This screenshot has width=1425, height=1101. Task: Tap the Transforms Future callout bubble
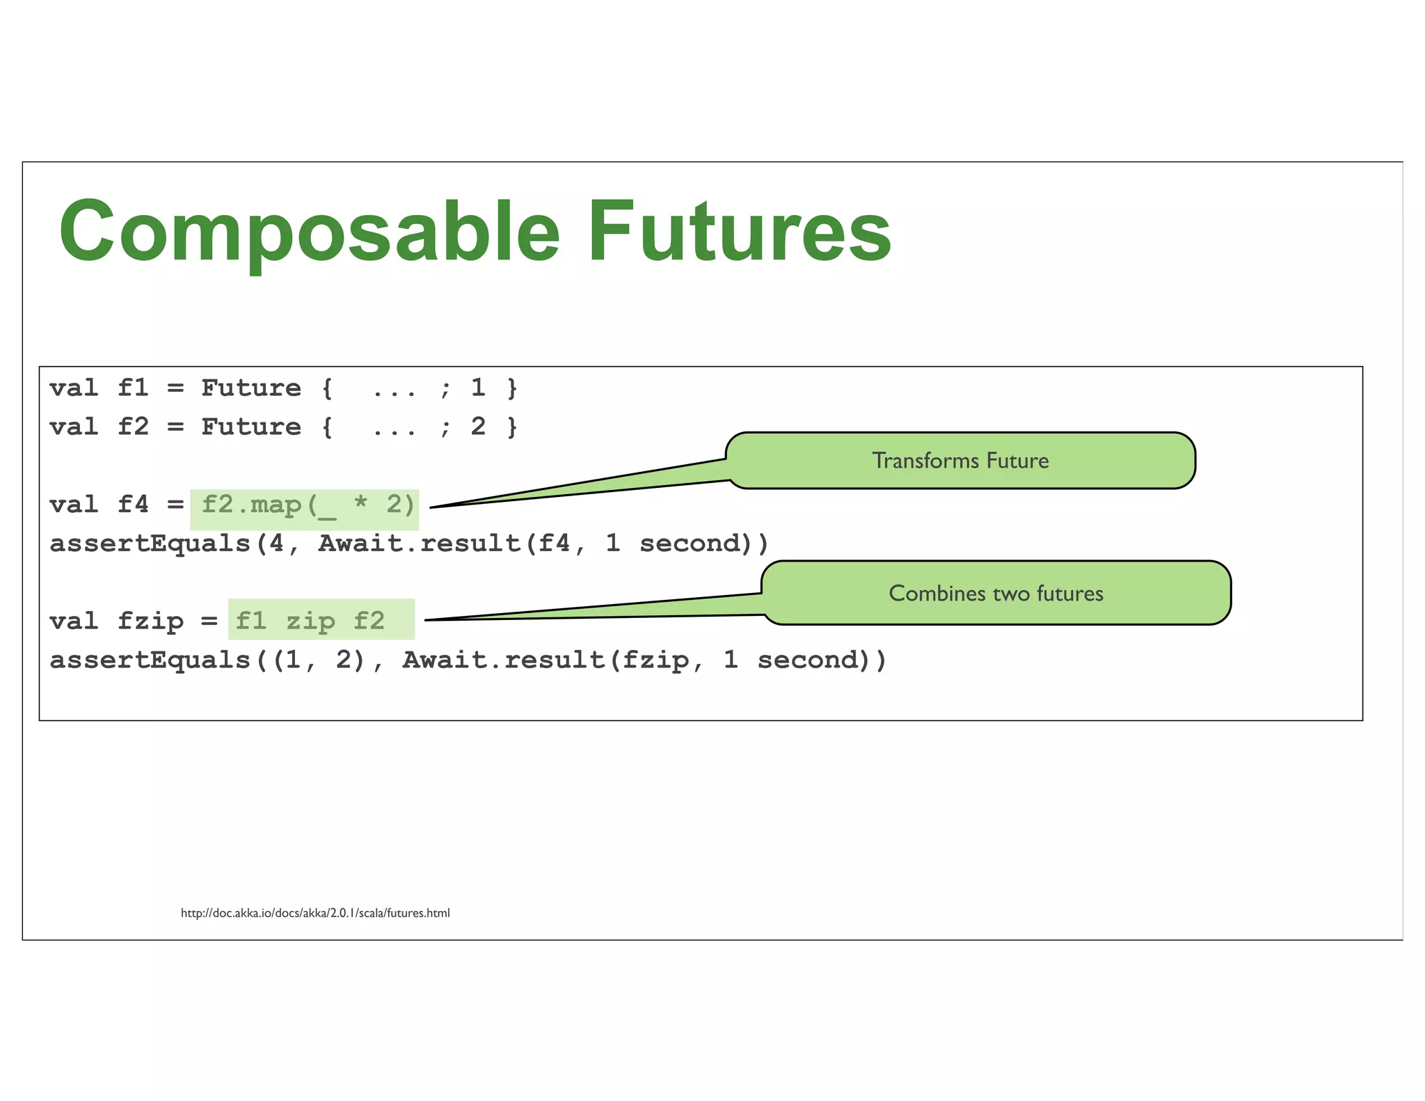(960, 461)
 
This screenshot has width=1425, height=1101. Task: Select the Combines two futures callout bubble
(996, 593)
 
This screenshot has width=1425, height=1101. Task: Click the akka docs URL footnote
(315, 913)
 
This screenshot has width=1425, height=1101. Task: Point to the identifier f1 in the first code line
(133, 388)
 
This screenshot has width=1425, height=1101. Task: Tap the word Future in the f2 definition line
(251, 427)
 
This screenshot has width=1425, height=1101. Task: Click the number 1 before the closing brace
(478, 388)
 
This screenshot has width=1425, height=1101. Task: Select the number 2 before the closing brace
(478, 427)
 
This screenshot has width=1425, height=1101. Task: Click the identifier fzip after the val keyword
(150, 620)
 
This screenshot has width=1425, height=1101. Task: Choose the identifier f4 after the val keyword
(133, 505)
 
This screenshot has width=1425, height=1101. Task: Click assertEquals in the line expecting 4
(150, 544)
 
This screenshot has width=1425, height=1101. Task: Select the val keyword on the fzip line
(74, 620)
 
